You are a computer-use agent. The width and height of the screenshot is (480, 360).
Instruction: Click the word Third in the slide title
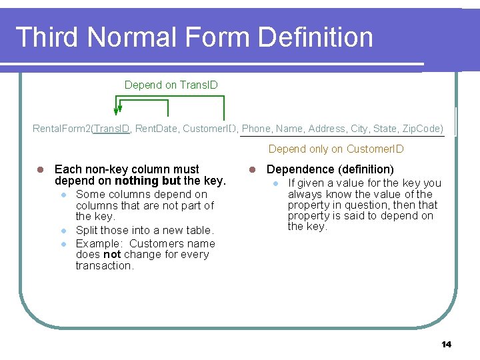click(x=47, y=37)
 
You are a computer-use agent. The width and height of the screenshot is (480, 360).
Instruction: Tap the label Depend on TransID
click(x=171, y=85)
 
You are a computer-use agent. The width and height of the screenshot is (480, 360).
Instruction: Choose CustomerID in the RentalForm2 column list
click(x=209, y=128)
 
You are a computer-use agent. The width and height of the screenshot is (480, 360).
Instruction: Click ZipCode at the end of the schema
click(x=421, y=128)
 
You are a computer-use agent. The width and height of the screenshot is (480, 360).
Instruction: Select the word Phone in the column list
click(x=257, y=128)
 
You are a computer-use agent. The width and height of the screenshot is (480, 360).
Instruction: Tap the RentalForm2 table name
click(x=61, y=128)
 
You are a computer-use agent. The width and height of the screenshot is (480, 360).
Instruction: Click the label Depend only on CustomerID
click(x=336, y=149)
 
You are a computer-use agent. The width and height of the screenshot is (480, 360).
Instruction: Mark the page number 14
click(x=446, y=344)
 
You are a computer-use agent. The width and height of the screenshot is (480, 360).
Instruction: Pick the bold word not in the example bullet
click(x=112, y=255)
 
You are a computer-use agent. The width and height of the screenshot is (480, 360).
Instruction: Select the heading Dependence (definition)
click(x=330, y=169)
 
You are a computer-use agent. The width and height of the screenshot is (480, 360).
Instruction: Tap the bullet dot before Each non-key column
click(x=41, y=170)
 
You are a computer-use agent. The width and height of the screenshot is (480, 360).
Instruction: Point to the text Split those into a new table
click(x=145, y=231)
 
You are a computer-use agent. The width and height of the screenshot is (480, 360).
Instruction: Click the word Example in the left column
click(x=98, y=243)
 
